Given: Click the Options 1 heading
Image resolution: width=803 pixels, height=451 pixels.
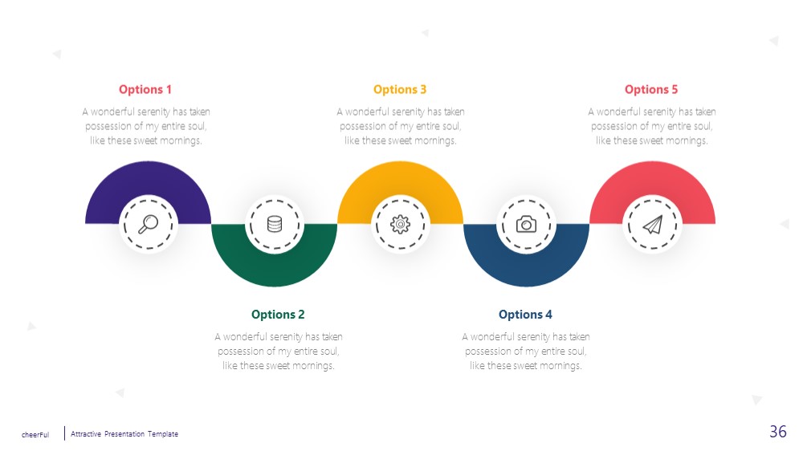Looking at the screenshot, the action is click(145, 90).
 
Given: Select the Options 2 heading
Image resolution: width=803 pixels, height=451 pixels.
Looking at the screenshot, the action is click(278, 315).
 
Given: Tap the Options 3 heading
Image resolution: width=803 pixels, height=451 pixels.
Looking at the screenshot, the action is click(399, 90).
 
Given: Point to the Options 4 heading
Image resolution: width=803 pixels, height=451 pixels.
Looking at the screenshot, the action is click(525, 315).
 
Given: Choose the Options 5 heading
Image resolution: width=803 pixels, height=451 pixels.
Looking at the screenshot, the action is click(651, 90).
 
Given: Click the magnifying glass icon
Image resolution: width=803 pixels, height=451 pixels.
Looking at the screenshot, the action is click(149, 224).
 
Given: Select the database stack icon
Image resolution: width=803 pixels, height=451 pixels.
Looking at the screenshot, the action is click(275, 224).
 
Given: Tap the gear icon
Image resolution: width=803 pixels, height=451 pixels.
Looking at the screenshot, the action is click(401, 224).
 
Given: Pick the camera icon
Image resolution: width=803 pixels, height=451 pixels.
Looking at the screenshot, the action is click(526, 224).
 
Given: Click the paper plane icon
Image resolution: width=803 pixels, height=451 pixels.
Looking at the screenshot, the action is click(652, 224).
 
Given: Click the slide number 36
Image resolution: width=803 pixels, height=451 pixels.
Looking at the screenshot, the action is click(778, 432).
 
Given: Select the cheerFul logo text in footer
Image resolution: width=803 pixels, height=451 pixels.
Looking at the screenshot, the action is click(35, 435).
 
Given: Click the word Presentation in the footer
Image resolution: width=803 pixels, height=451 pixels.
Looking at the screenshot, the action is click(124, 433).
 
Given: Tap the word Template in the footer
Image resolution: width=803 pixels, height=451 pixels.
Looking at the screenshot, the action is click(163, 433).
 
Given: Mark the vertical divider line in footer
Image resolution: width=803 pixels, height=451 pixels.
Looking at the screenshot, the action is click(64, 433).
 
